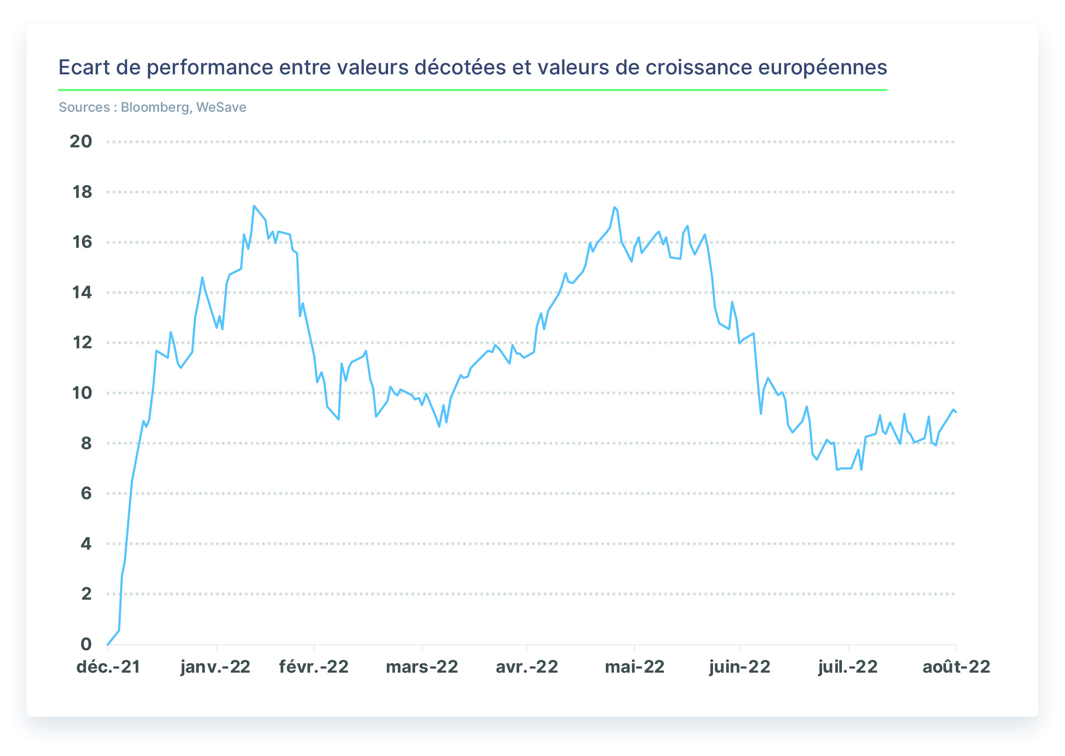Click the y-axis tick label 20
coord(81,141)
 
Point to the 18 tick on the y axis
coord(82,192)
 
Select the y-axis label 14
coord(82,292)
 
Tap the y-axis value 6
coord(86,493)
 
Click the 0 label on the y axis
coord(86,644)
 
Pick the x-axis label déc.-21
coord(109,667)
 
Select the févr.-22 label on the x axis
coord(314,667)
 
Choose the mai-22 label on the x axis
coord(634,667)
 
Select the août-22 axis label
coord(956,667)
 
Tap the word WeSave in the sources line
coord(221,108)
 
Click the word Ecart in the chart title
coord(84,68)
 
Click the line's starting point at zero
coord(108,645)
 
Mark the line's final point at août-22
coord(955,412)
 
